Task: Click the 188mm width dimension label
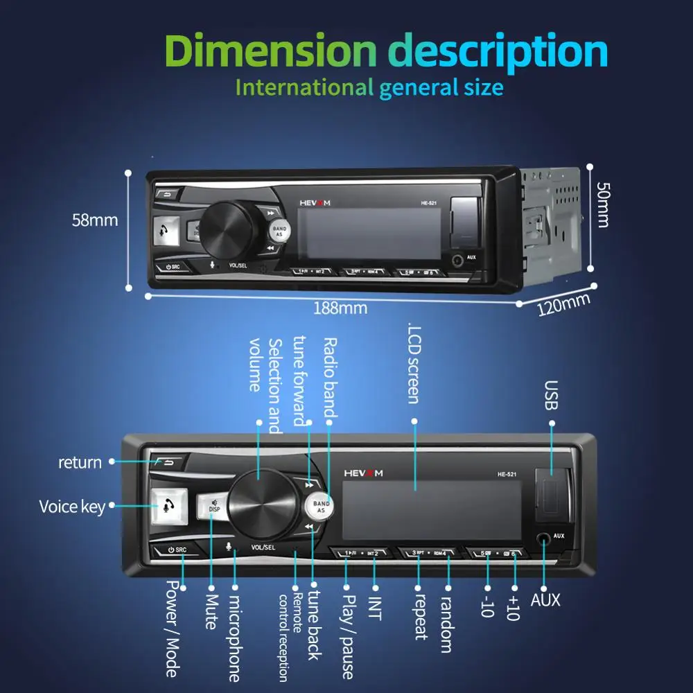point(340,308)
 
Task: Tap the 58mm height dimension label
point(95,220)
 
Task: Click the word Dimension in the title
point(271,51)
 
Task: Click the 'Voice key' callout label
point(72,507)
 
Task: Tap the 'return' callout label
point(80,462)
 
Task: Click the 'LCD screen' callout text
point(414,364)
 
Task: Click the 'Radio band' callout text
point(330,378)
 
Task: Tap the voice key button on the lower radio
point(167,506)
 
